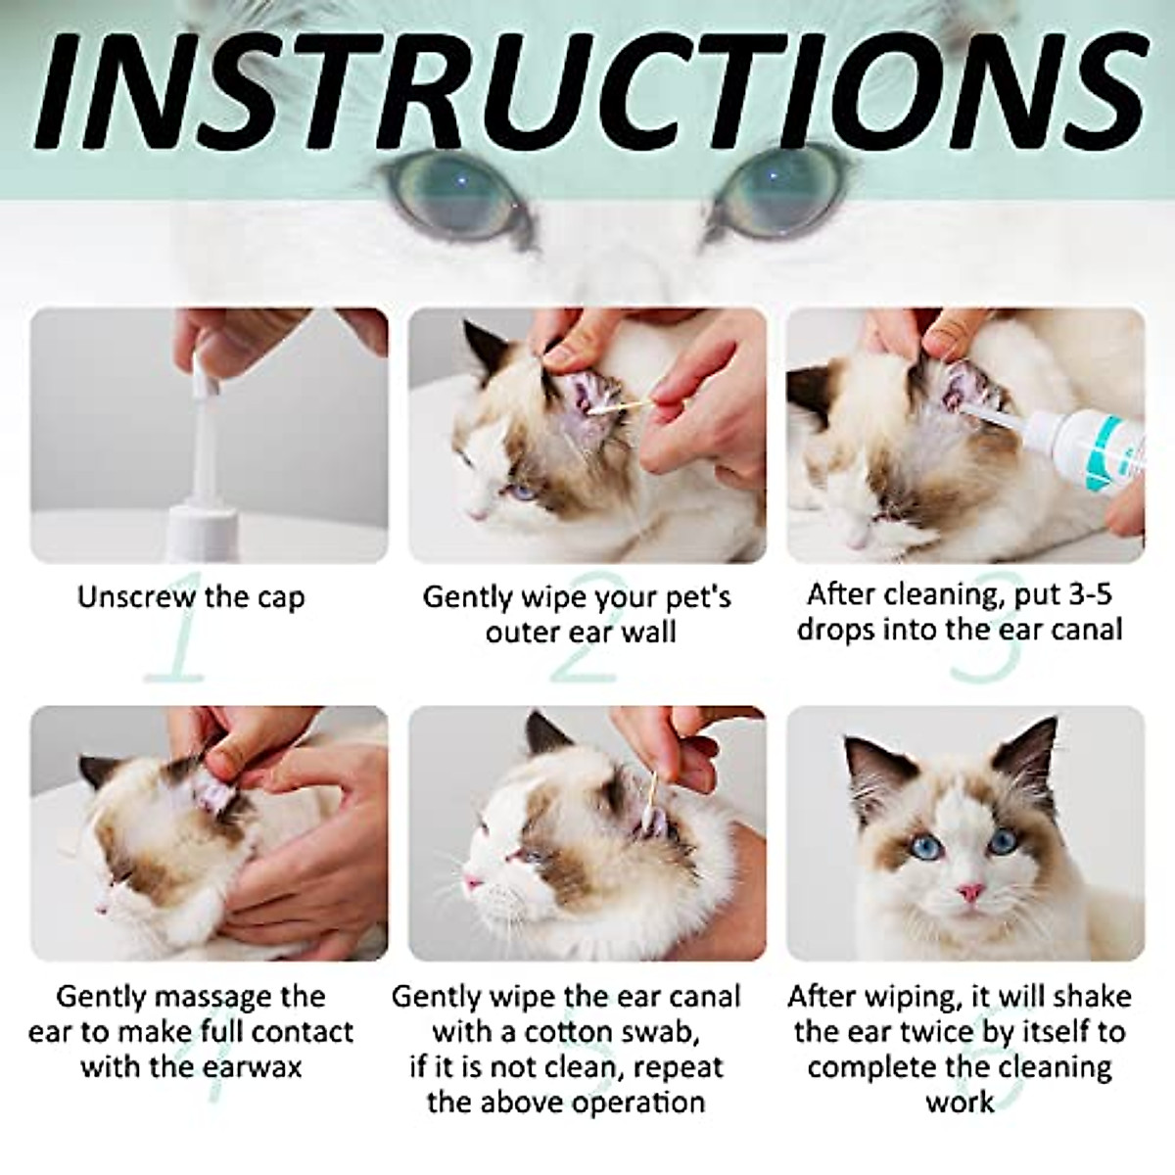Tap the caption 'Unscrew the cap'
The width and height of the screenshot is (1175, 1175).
pos(191,596)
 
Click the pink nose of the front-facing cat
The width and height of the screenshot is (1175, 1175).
pos(969,892)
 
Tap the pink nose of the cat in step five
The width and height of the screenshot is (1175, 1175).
pos(473,883)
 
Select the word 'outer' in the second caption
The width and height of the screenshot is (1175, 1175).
pos(525,632)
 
